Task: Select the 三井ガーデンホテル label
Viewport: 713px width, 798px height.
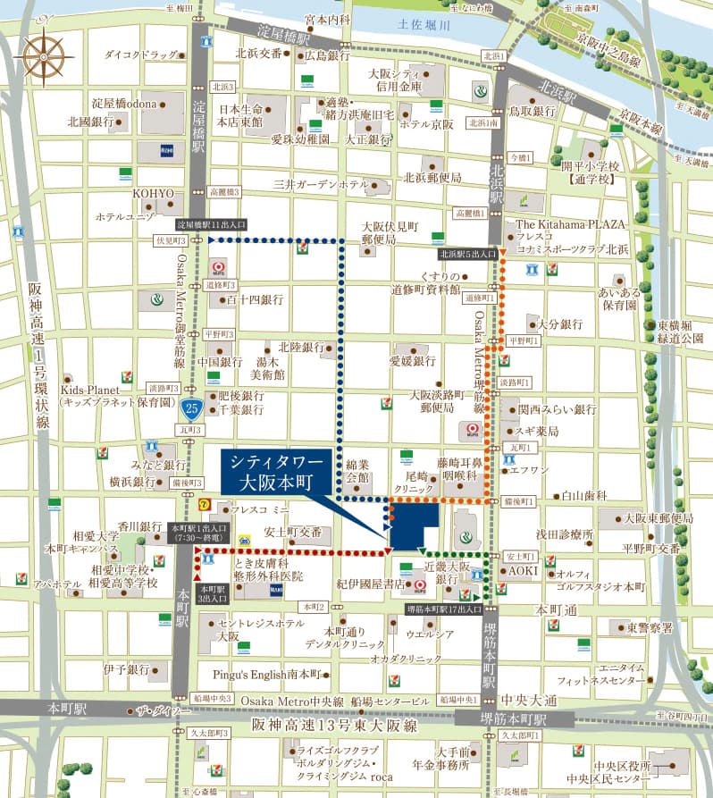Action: [321, 184]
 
